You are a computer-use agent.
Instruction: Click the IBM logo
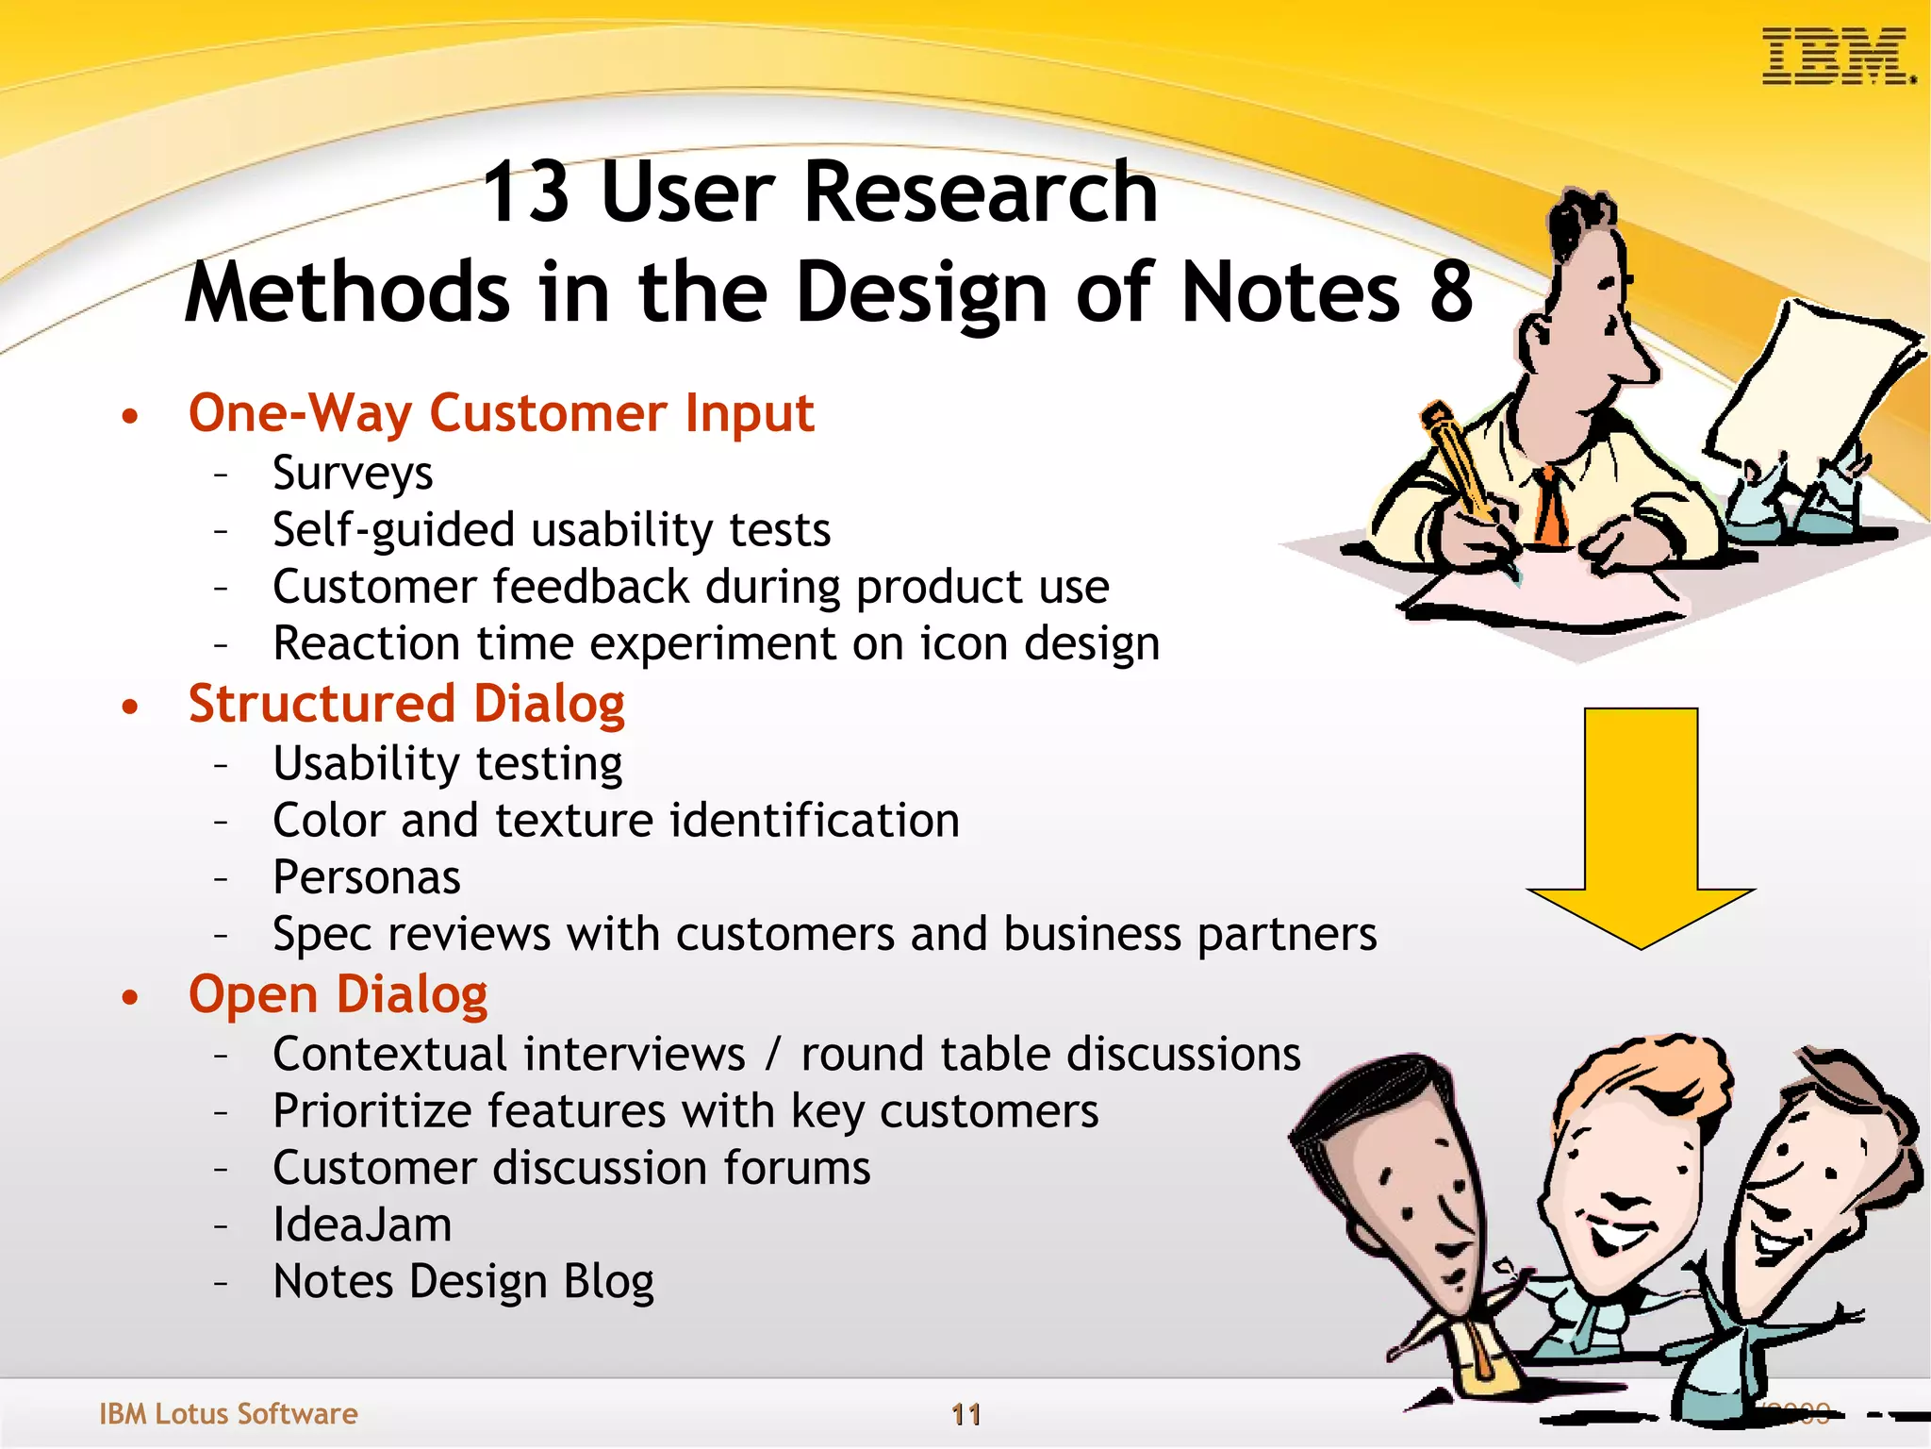[x=1837, y=57]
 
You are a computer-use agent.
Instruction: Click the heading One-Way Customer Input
[x=501, y=413]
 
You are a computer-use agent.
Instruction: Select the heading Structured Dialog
[x=406, y=705]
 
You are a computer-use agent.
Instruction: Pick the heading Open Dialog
[x=338, y=995]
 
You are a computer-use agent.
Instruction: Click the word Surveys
[x=353, y=473]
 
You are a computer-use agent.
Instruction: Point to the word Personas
[x=367, y=877]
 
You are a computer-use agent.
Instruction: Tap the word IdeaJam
[x=362, y=1225]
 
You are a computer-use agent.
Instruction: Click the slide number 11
[x=965, y=1414]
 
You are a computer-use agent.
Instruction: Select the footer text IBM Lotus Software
[x=228, y=1413]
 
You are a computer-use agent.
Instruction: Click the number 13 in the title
[x=525, y=192]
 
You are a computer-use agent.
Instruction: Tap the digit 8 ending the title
[x=1450, y=292]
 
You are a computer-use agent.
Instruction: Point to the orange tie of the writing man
[x=1551, y=505]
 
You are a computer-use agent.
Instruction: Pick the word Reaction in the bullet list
[x=368, y=644]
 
